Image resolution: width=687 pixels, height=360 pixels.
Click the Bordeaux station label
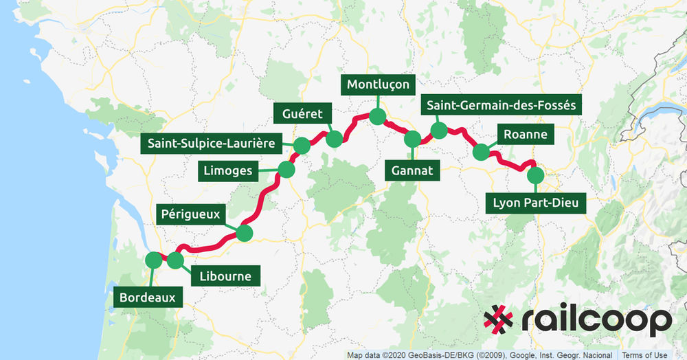coord(151,298)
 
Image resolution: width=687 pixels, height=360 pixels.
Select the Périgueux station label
coord(191,214)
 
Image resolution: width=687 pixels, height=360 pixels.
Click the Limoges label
coord(227,170)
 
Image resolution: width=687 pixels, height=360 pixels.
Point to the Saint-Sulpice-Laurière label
coord(211,144)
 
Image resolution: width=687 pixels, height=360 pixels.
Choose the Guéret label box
coord(302,113)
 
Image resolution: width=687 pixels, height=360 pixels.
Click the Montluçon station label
coord(379,85)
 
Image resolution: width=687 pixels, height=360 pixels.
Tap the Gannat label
coord(412,171)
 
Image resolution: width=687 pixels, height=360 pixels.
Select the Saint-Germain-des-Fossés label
coord(501,105)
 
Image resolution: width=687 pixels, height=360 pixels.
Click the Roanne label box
coord(526,135)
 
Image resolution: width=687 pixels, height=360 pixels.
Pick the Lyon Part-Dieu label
coord(536,203)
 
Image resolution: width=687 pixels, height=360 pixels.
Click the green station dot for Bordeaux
coord(153,260)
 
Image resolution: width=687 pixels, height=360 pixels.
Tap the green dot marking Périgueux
coord(244,234)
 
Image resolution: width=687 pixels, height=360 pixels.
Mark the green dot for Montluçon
coord(376,116)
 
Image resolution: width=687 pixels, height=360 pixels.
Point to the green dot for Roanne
coord(481,152)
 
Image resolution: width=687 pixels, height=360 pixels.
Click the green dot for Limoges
coord(286,169)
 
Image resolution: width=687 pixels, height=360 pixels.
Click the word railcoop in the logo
coord(594,320)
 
